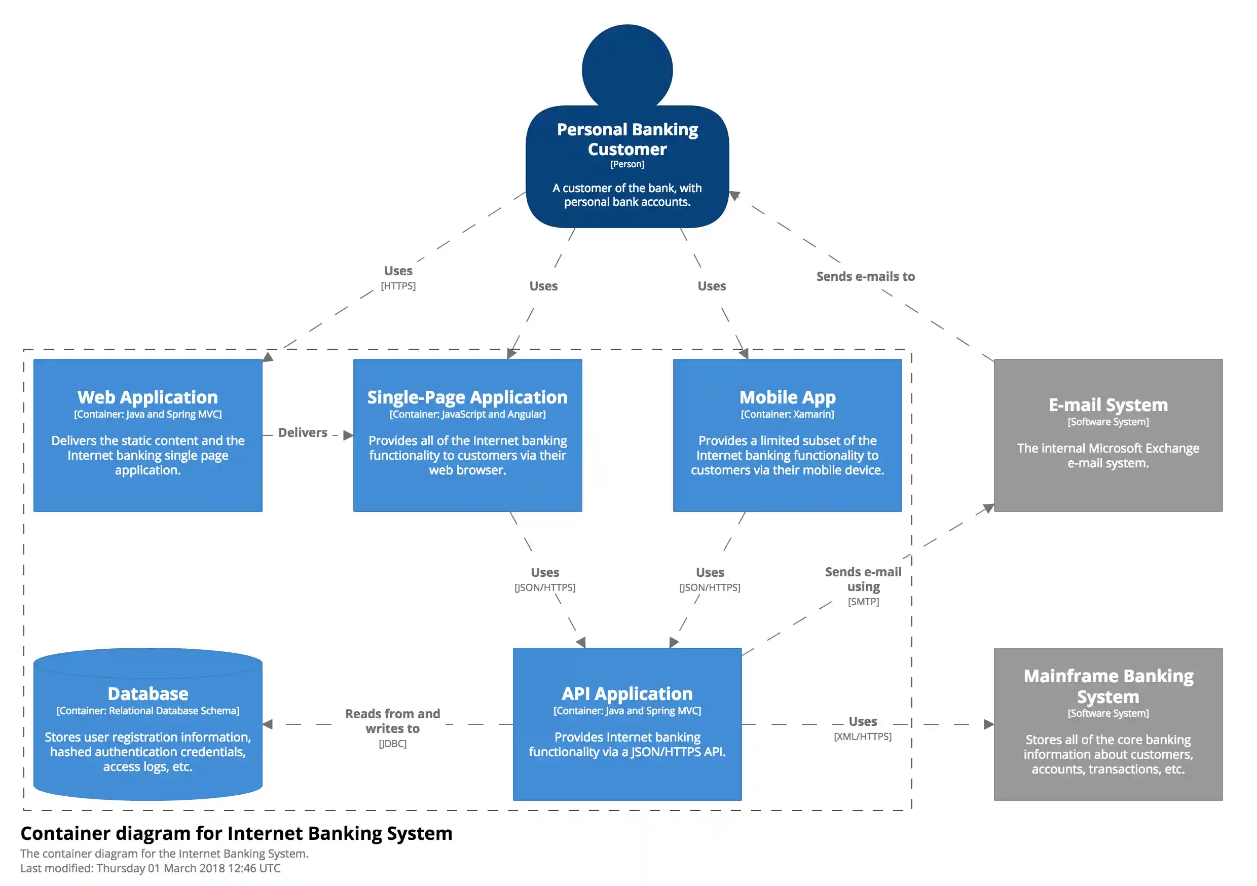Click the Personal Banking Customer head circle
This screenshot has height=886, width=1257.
coord(627,68)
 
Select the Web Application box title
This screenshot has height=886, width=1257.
coord(147,397)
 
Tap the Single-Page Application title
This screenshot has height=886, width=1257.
coord(467,397)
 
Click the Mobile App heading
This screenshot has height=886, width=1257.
coord(787,397)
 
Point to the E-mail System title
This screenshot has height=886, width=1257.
coord(1107,404)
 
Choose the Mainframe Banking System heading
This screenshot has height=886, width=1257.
coord(1107,686)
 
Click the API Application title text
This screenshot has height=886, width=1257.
coord(627,693)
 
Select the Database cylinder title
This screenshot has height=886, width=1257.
coord(148,693)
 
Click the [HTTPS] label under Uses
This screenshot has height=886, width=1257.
coord(398,286)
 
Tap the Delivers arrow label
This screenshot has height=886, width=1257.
coord(303,432)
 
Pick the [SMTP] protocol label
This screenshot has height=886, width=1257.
coord(863,601)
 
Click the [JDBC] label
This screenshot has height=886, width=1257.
coord(392,744)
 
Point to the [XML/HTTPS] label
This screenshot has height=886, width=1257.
coord(862,736)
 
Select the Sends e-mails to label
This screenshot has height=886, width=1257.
coord(865,277)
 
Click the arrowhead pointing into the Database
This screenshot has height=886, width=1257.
coord(268,724)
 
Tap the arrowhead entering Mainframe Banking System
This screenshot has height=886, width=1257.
coord(988,724)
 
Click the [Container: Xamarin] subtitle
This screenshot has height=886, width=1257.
coord(787,414)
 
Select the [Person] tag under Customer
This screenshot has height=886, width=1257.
coord(627,164)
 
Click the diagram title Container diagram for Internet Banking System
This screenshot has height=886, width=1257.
coord(237,833)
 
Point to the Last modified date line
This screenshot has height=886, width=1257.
coord(151,868)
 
